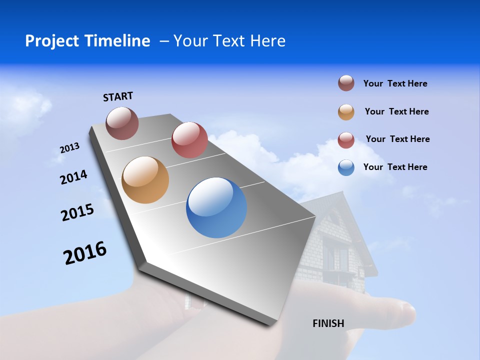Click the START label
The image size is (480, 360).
(118, 96)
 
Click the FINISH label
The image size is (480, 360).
(328, 323)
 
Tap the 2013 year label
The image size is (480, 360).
(69, 148)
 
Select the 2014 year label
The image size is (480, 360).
(73, 177)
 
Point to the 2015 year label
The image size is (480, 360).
(77, 212)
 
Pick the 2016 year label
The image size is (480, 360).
(85, 253)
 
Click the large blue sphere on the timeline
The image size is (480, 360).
(216, 207)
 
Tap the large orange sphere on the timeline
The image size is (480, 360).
(145, 180)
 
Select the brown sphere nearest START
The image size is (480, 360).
(122, 123)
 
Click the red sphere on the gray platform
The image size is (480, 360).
(189, 140)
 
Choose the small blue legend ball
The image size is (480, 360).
(346, 167)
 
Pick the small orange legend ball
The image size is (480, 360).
(346, 112)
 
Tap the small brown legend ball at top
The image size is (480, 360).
(346, 83)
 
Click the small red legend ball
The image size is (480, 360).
(346, 140)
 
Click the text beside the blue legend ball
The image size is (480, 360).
(395, 167)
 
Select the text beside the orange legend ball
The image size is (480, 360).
(396, 111)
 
